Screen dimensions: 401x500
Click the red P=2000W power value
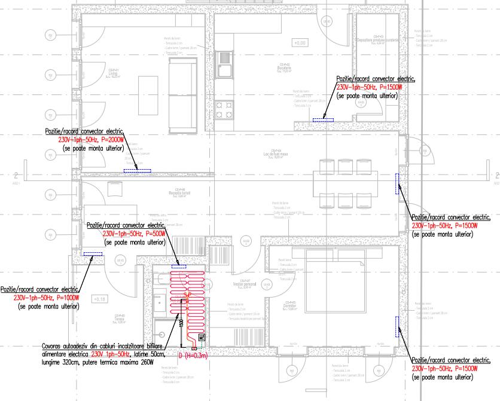(109, 139)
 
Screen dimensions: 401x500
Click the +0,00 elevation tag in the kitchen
(299, 43)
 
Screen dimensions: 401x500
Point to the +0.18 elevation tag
(99, 298)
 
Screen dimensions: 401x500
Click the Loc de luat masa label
(276, 153)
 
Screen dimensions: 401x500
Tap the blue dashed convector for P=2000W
(137, 171)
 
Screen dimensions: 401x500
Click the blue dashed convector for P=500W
(179, 266)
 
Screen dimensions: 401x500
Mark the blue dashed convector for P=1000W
(92, 254)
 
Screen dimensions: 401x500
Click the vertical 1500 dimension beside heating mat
(181, 323)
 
